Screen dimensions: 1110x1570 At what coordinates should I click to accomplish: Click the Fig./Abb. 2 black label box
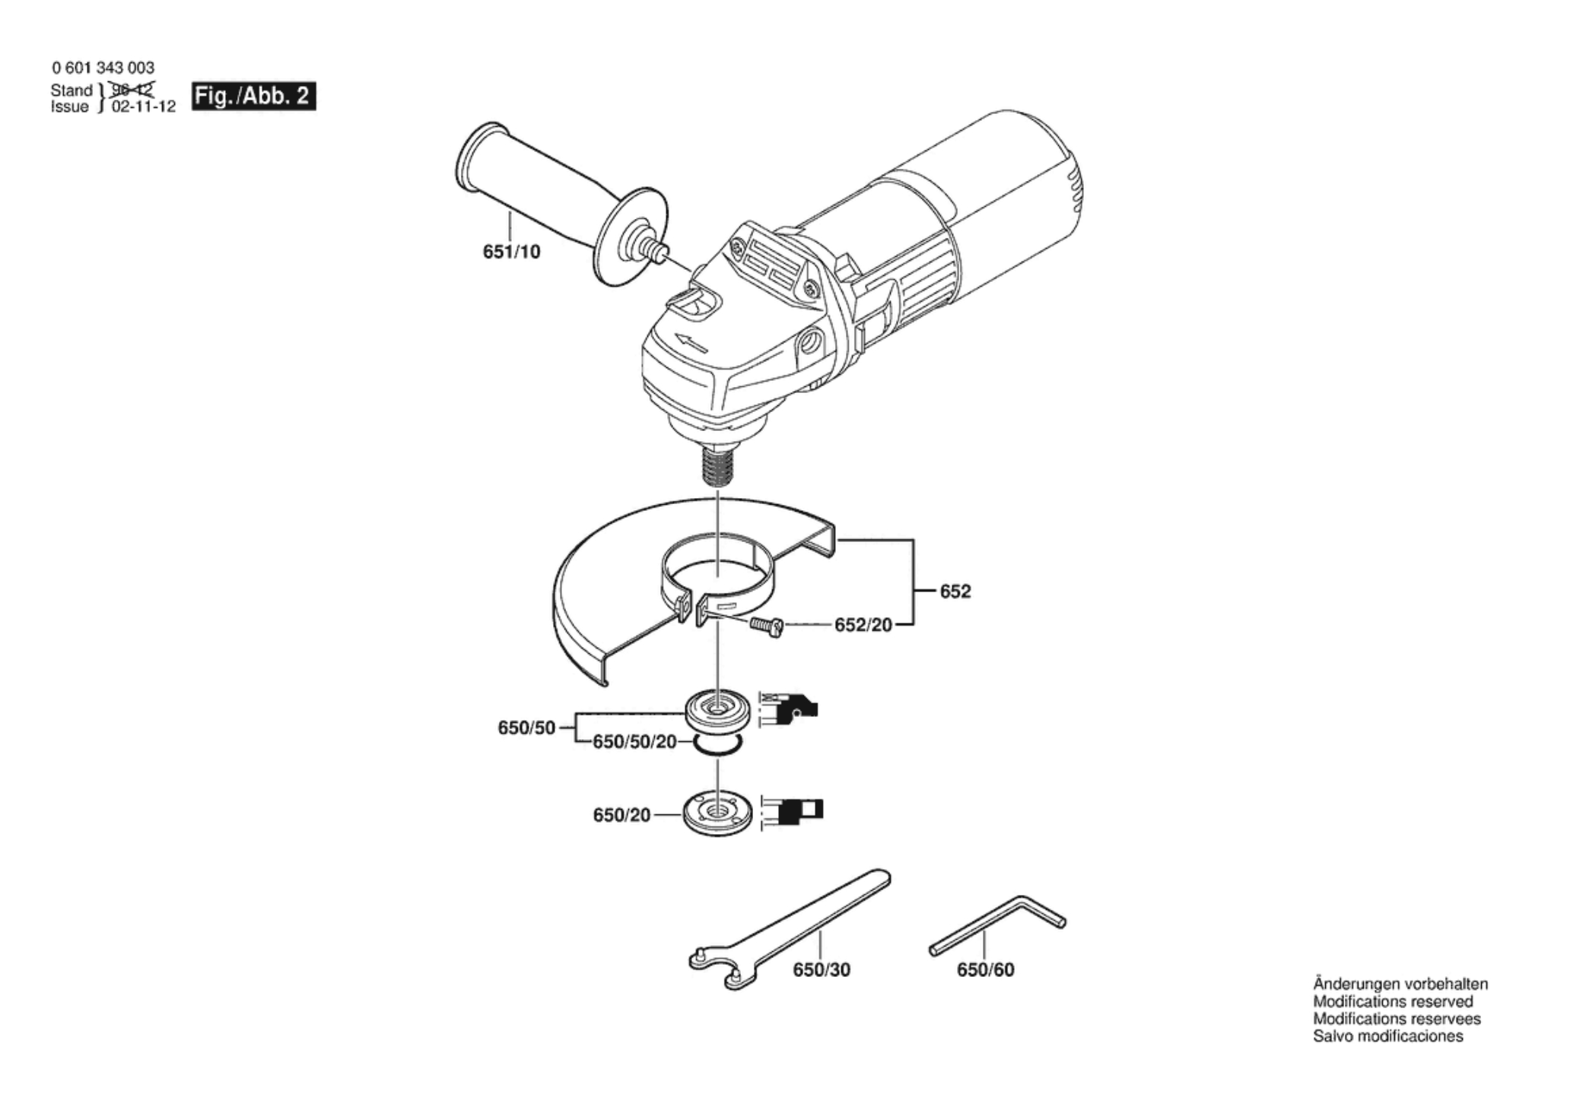coord(253,97)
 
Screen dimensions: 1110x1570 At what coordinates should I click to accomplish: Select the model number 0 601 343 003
coord(103,68)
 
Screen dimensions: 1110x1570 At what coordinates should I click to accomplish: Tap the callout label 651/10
coord(511,252)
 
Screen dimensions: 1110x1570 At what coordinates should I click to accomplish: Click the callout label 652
coord(955,591)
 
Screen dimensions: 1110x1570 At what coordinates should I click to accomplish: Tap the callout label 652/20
coord(863,625)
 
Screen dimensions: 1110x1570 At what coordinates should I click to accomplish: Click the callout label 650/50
coord(526,728)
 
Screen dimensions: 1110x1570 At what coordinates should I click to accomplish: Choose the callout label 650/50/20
coord(634,741)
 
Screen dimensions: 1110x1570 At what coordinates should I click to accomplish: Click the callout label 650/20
coord(621,815)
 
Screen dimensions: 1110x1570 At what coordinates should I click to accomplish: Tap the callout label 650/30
coord(822,970)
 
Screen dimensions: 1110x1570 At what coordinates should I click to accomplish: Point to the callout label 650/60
coord(985,970)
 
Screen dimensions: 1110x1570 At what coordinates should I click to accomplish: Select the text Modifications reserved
coord(1393,1001)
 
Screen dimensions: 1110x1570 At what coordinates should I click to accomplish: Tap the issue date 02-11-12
coord(144,107)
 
